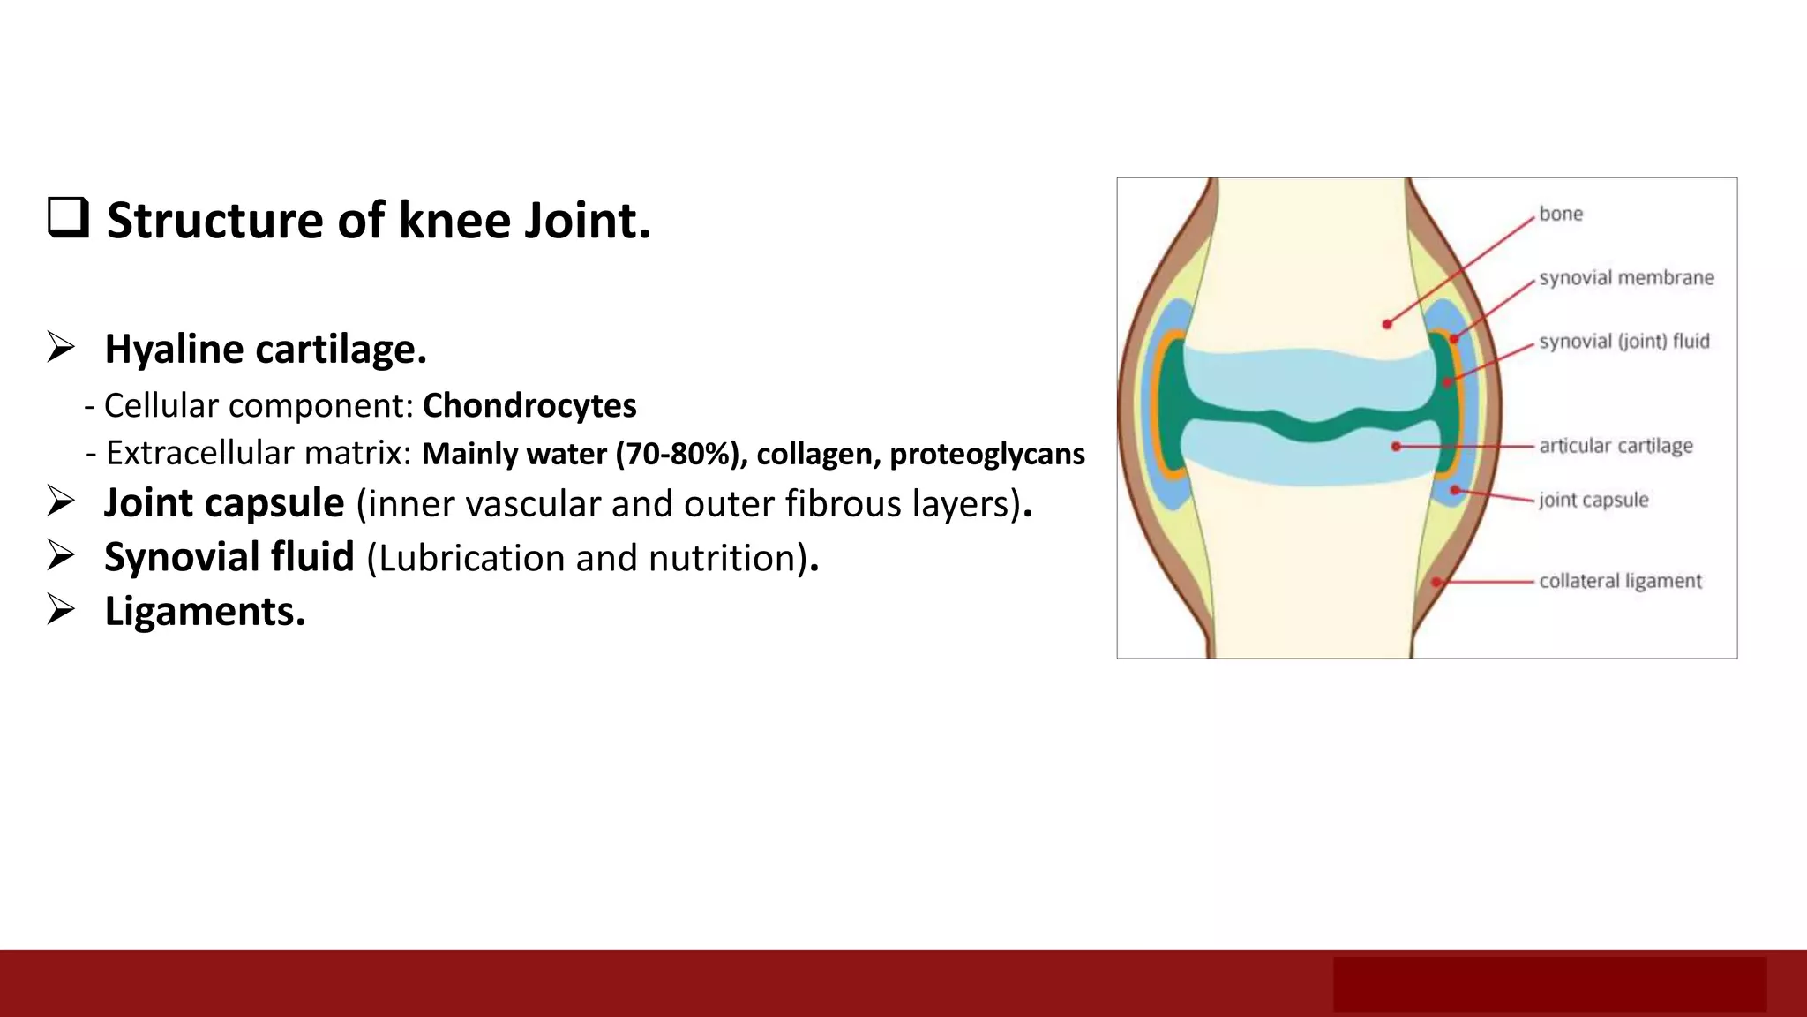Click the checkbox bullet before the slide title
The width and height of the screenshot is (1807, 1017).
[68, 218]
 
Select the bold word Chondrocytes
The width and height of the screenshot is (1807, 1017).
[529, 405]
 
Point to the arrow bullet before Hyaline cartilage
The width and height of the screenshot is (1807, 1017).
[61, 348]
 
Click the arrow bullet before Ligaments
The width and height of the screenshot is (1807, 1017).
[61, 610]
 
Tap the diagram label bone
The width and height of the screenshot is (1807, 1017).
[1560, 214]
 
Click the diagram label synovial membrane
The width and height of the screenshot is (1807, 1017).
[1626, 278]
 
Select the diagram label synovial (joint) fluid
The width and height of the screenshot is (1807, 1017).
[1623, 342]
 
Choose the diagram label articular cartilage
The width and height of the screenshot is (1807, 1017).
[1616, 446]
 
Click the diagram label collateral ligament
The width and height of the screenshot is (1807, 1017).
[1620, 581]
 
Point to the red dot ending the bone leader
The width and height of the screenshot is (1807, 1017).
[1387, 324]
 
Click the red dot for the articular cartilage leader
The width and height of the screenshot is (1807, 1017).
[1396, 447]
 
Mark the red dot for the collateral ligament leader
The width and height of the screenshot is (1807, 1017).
[1436, 582]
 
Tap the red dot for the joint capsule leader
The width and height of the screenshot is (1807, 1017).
[1454, 490]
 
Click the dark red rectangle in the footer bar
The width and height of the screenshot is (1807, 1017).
[1549, 983]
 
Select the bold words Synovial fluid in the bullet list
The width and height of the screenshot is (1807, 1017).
[229, 557]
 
